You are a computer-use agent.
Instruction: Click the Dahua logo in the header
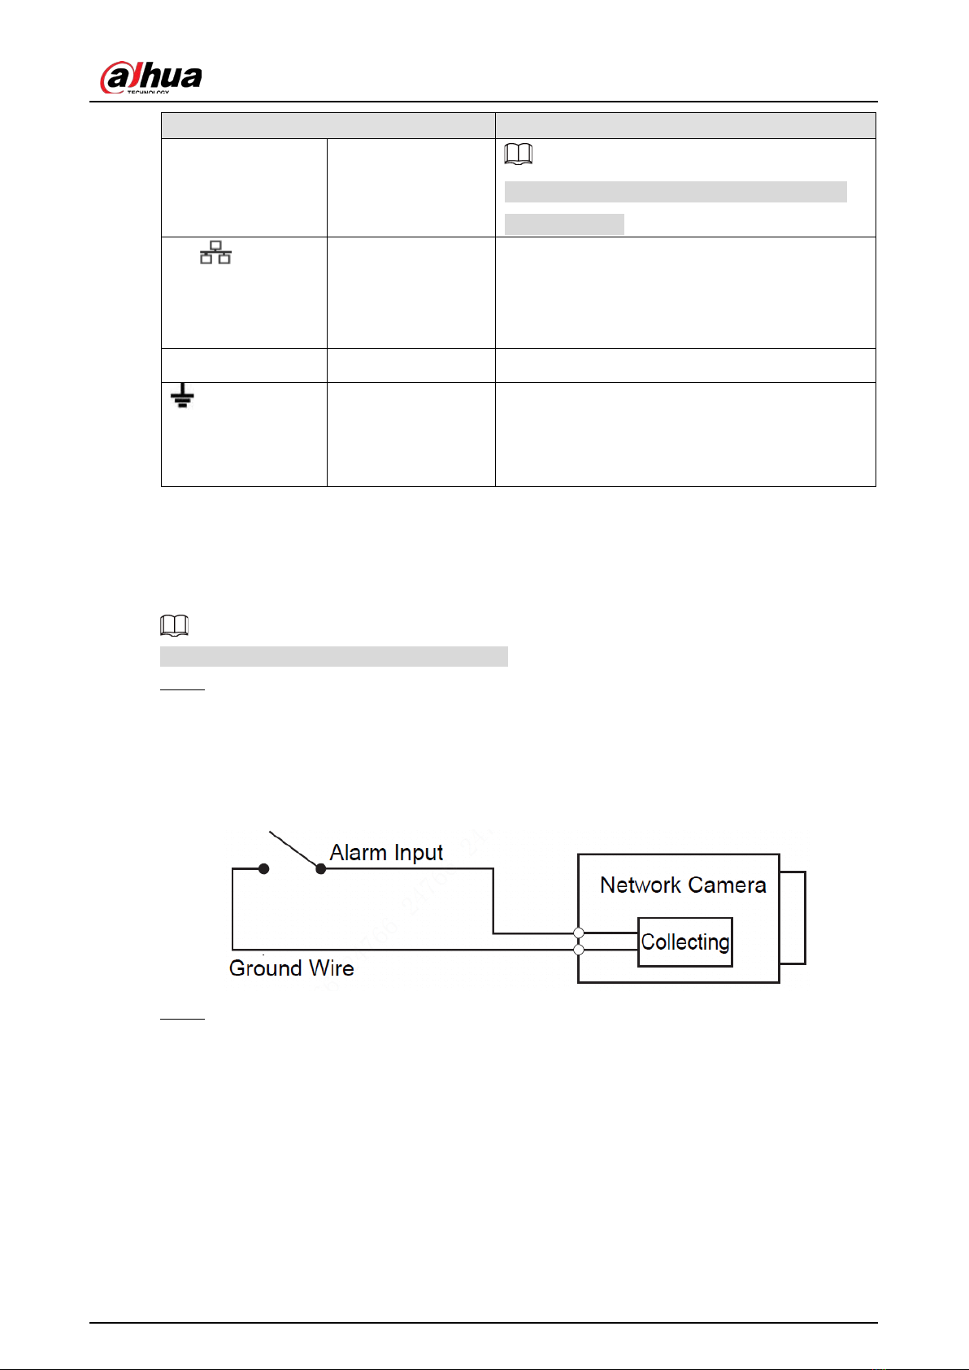(151, 77)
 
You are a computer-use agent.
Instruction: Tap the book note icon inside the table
(519, 154)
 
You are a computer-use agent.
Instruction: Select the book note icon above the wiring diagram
(175, 624)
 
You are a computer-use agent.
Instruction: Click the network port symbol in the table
(215, 252)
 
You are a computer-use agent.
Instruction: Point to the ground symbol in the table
(182, 396)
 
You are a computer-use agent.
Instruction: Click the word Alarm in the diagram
(358, 852)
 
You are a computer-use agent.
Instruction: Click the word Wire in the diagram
(332, 968)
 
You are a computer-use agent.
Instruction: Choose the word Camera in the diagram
(727, 885)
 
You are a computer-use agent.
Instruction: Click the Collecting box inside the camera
(685, 942)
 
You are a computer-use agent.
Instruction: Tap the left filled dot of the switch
(263, 868)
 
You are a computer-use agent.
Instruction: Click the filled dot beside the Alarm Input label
(321, 868)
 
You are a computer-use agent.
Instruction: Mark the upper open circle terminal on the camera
(579, 933)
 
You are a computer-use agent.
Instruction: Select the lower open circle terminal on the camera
(579, 950)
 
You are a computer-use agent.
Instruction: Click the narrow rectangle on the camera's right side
(793, 917)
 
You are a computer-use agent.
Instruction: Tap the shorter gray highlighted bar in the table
(564, 224)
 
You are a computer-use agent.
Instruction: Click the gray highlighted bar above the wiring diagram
(334, 656)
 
